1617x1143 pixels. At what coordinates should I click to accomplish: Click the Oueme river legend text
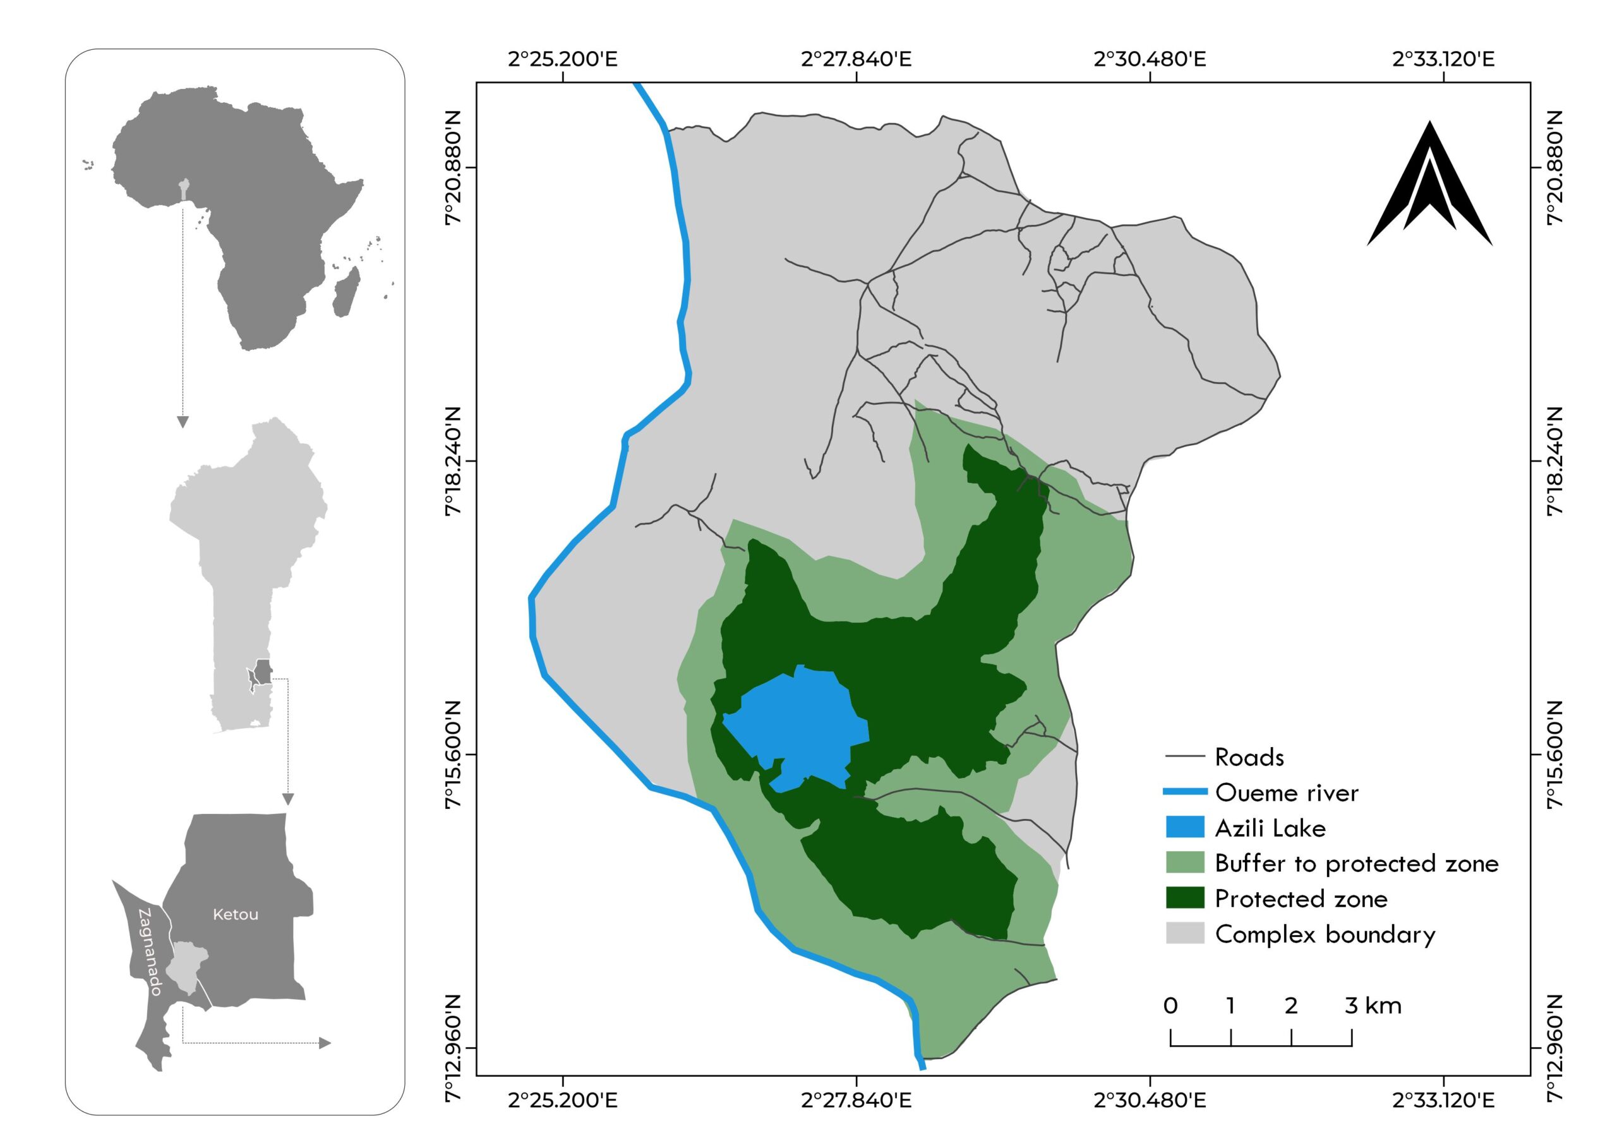tap(1286, 793)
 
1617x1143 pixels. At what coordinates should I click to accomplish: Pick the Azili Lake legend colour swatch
tap(1186, 827)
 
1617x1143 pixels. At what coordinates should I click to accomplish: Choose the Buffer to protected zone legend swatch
tap(1186, 863)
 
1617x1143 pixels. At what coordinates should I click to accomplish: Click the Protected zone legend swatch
tap(1186, 899)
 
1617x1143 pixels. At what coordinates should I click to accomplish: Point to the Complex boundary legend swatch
tap(1186, 934)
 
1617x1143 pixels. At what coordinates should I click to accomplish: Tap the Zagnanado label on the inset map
tap(150, 952)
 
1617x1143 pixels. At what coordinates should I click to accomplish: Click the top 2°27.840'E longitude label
tap(857, 59)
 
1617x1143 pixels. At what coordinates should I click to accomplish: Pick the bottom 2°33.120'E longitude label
tap(1444, 1100)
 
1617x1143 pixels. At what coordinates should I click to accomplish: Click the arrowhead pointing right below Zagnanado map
tap(325, 1043)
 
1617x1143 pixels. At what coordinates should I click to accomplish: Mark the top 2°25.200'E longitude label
tap(563, 59)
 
